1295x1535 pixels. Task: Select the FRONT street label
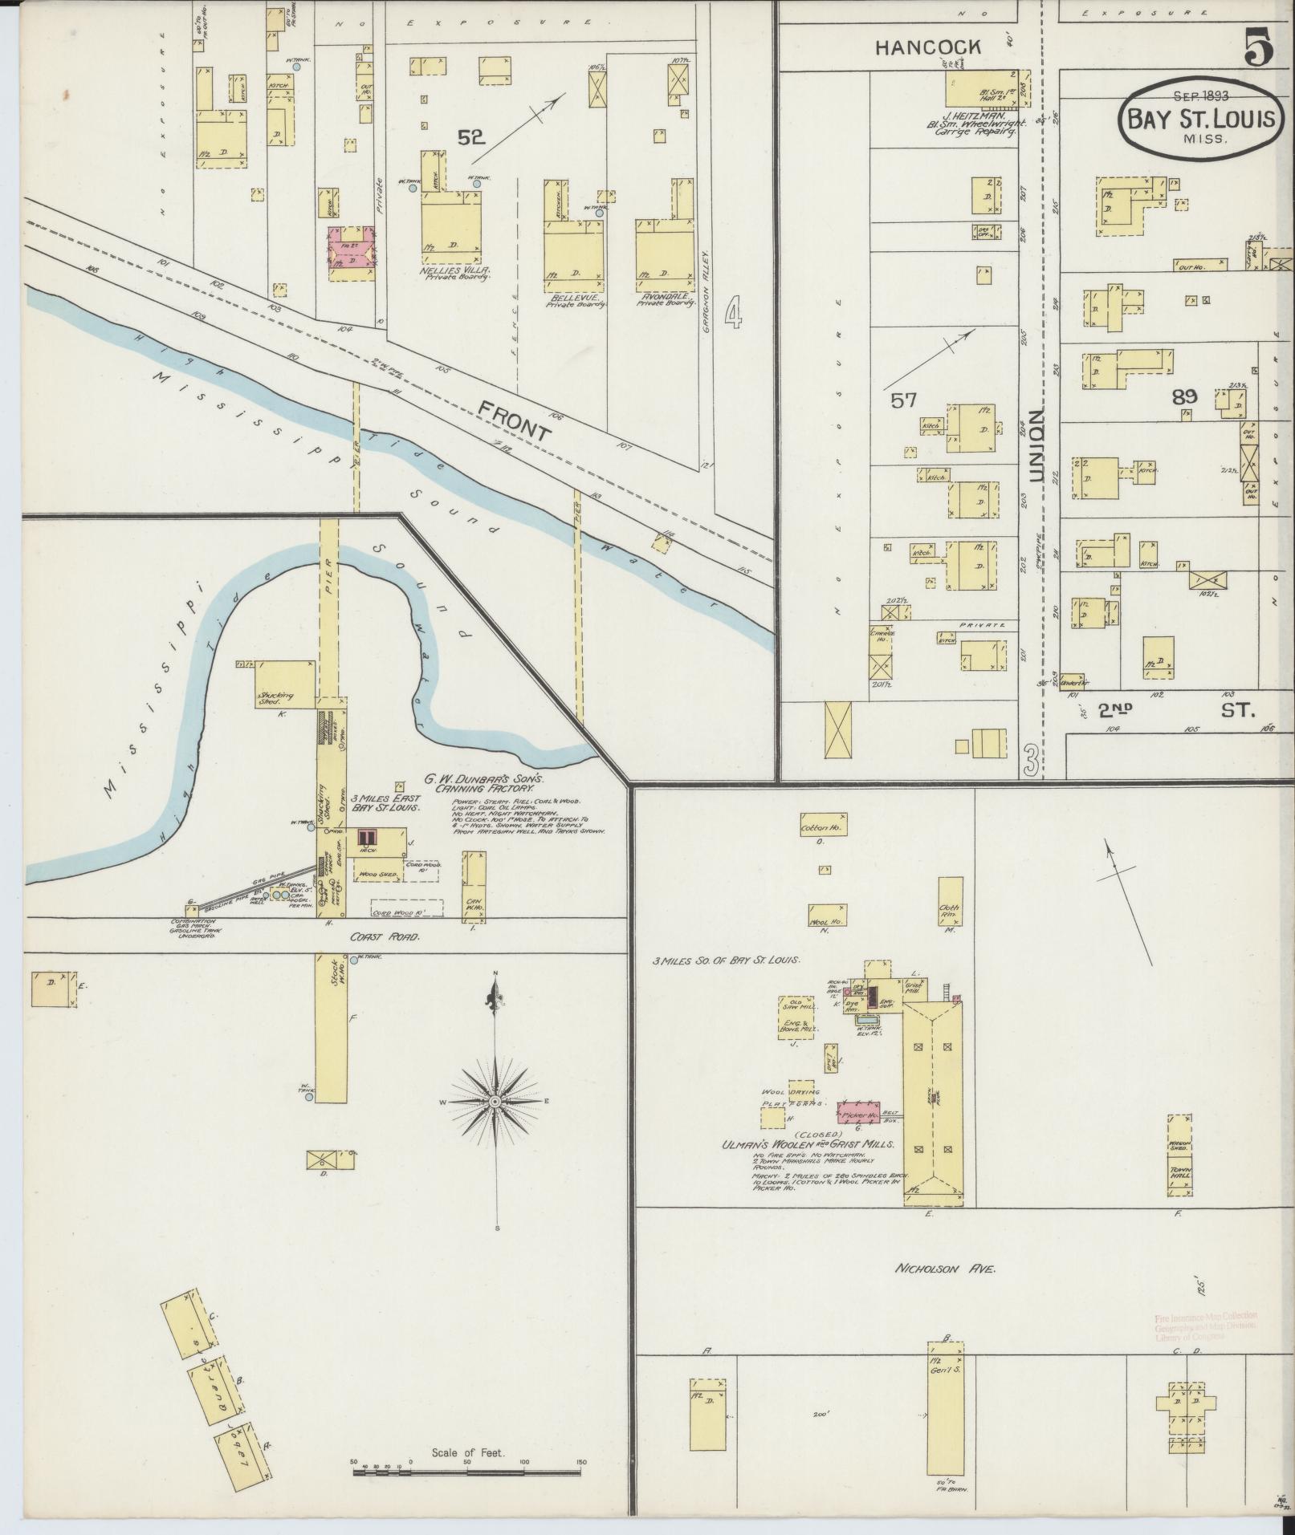515,421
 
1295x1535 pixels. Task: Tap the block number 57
904,400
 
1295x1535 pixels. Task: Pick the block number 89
1184,396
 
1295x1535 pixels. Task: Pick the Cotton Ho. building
822,824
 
